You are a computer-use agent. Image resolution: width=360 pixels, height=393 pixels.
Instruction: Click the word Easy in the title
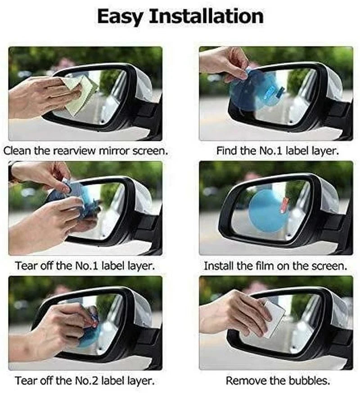pyautogui.click(x=120, y=17)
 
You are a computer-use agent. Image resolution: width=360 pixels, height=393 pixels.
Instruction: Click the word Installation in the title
pyautogui.click(x=206, y=17)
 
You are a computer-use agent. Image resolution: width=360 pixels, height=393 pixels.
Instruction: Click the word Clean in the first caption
pyautogui.click(x=18, y=150)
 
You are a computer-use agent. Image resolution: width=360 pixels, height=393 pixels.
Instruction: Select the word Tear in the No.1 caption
pyautogui.click(x=25, y=266)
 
